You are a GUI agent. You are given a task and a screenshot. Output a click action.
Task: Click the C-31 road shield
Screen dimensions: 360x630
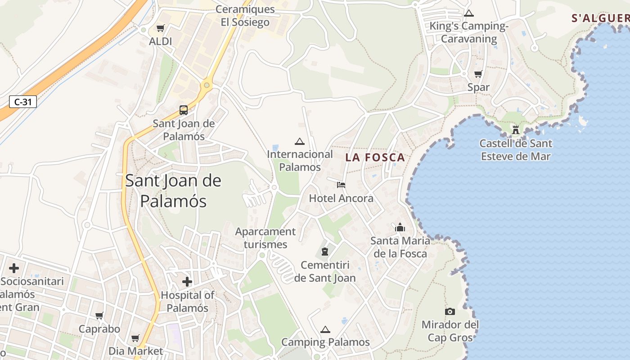(23, 102)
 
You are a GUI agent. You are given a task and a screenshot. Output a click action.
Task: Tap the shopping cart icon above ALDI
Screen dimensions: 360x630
(160, 28)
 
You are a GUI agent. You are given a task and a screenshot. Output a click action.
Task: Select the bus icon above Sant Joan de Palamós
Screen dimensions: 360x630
(184, 110)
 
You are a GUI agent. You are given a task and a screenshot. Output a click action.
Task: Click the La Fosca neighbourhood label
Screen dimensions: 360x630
(375, 157)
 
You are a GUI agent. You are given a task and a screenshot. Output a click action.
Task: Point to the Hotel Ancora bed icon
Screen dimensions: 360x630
(341, 184)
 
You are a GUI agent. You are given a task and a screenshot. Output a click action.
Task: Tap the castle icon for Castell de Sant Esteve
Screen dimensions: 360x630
(516, 130)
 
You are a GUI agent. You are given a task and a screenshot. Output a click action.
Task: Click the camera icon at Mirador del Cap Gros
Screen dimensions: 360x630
(450, 311)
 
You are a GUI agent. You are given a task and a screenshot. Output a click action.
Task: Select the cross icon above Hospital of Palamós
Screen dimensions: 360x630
(187, 282)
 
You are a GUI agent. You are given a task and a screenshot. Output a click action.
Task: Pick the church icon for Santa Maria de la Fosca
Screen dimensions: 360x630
(400, 227)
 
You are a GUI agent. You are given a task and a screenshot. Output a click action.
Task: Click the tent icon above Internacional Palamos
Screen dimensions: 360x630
(299, 141)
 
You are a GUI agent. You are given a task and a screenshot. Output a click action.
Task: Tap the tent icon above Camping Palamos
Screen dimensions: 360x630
(325, 329)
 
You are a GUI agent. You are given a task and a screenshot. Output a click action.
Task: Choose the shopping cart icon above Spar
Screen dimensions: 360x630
(478, 74)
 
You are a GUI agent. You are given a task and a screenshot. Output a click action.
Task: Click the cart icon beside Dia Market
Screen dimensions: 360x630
(135, 338)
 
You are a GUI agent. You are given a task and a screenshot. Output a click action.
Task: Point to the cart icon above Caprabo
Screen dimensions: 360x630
(99, 315)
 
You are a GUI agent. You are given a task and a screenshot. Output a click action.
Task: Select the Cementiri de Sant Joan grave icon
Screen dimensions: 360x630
(325, 252)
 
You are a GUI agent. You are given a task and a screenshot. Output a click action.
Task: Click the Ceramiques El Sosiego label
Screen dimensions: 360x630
(245, 16)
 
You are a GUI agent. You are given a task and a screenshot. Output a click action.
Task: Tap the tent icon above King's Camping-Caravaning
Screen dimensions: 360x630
(469, 13)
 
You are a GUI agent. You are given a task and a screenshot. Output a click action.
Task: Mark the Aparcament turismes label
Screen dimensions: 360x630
(265, 238)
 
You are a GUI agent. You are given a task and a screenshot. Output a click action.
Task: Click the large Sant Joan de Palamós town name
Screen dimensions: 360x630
(173, 191)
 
